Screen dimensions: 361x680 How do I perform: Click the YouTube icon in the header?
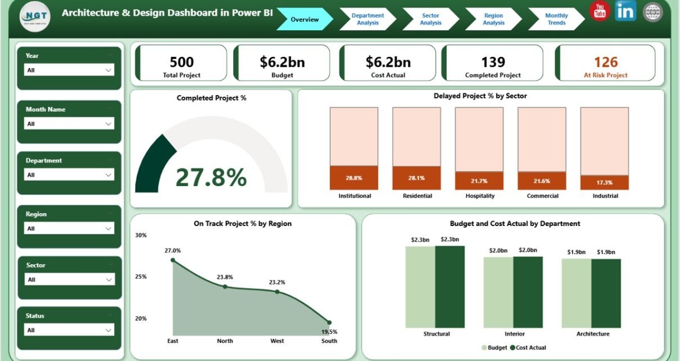[x=599, y=11]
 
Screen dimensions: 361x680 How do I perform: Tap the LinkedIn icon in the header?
[x=625, y=11]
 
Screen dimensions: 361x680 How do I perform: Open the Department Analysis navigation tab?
[x=368, y=19]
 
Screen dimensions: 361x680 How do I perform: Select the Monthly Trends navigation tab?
[x=556, y=19]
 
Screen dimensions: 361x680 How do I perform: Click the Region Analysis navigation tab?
[x=493, y=19]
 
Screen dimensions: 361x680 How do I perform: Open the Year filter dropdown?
[x=70, y=70]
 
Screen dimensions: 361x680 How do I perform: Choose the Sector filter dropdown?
[x=70, y=279]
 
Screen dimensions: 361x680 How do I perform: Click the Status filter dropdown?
[x=70, y=330]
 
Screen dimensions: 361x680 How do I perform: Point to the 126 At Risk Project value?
[x=605, y=62]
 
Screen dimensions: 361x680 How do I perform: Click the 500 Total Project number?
[x=182, y=62]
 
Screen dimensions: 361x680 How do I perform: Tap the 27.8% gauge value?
[x=211, y=177]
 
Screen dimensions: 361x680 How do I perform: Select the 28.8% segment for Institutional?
[x=353, y=178]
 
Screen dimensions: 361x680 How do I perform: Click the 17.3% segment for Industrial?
[x=604, y=183]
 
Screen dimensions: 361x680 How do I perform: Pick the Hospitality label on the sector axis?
[x=479, y=196]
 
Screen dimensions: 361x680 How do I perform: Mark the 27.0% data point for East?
[x=173, y=260]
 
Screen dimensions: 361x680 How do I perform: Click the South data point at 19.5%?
[x=329, y=323]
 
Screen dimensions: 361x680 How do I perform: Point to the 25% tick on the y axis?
[x=140, y=277]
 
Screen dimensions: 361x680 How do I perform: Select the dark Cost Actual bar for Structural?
[x=450, y=287]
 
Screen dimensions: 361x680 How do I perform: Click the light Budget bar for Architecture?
[x=576, y=294]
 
